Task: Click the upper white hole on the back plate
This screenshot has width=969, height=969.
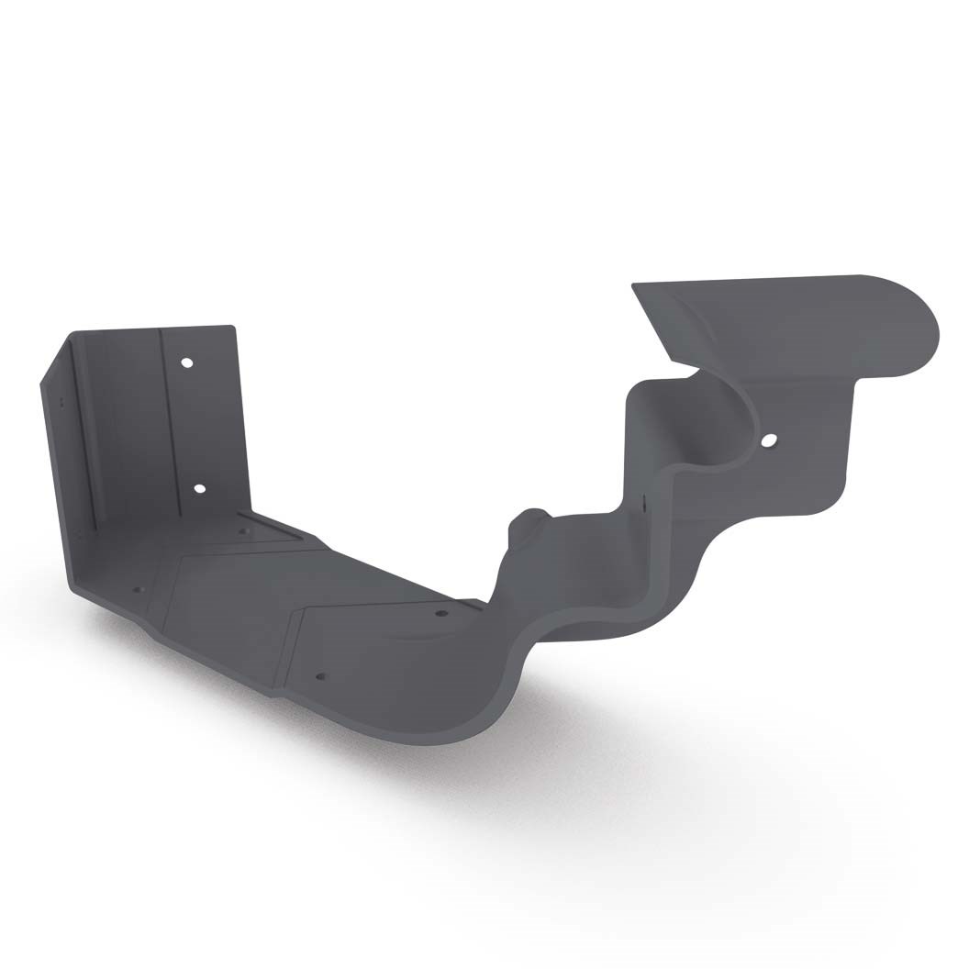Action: click(x=187, y=363)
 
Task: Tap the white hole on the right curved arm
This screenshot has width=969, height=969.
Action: click(x=769, y=441)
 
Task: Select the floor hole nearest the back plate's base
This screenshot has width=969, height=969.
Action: click(x=243, y=529)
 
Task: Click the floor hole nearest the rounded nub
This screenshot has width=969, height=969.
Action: click(x=441, y=613)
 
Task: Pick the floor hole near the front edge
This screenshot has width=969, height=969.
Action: click(x=320, y=677)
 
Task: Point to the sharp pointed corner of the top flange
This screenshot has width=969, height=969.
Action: click(x=633, y=285)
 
